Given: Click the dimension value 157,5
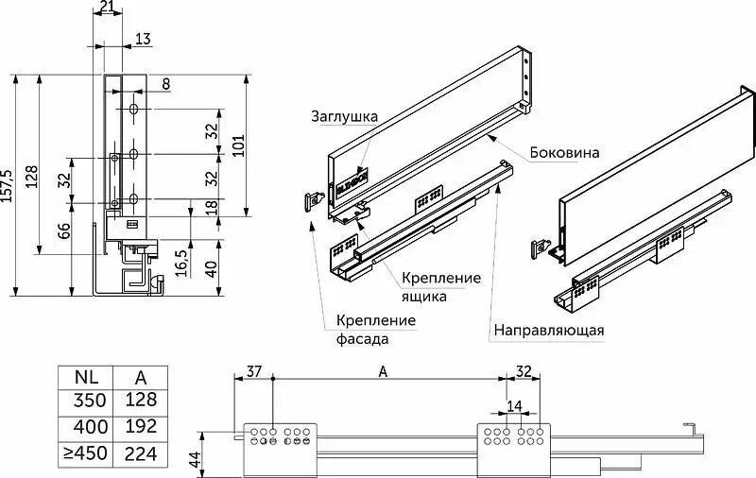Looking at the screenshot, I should click(x=9, y=187).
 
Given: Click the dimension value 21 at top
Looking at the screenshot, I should click(x=108, y=9).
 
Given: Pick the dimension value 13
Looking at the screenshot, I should click(x=143, y=39).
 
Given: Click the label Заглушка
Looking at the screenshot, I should click(x=345, y=117).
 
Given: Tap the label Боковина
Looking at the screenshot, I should click(x=563, y=151).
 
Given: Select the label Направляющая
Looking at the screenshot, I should click(x=548, y=331).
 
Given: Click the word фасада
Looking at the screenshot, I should click(x=363, y=338).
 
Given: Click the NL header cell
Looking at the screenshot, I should click(x=84, y=376).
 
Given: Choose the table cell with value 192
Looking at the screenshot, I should click(x=139, y=426).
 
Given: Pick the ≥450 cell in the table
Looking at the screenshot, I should click(x=84, y=452).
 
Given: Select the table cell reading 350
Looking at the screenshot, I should click(x=84, y=401).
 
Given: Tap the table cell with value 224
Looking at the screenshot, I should click(x=139, y=452).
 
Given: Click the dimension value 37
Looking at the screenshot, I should click(x=253, y=369).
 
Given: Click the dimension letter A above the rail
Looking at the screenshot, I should click(x=383, y=370).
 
